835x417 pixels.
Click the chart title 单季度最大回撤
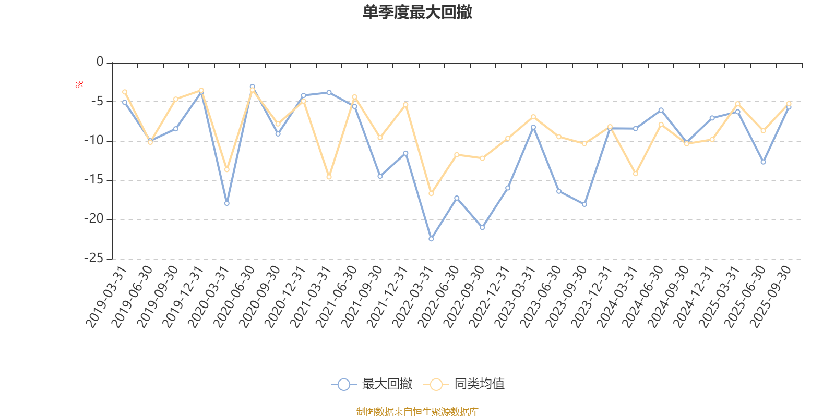click(x=417, y=13)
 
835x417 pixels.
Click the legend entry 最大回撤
click(x=386, y=384)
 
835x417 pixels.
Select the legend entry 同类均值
click(x=479, y=384)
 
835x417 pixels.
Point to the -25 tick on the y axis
click(x=94, y=258)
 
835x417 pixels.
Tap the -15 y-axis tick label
click(x=94, y=180)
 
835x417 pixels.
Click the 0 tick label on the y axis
click(x=100, y=62)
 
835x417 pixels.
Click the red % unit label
click(x=79, y=84)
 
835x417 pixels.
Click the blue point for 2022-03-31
click(x=431, y=239)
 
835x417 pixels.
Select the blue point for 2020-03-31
click(x=226, y=203)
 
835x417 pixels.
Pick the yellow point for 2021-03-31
click(x=329, y=177)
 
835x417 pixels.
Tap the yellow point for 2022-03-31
click(x=431, y=194)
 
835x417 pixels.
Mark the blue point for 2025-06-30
click(x=763, y=162)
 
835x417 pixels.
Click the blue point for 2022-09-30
click(x=482, y=228)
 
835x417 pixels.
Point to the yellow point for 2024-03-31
click(x=635, y=174)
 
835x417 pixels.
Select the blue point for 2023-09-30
click(x=584, y=204)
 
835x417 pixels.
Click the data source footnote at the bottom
click(x=417, y=412)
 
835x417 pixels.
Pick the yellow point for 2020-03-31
click(x=226, y=169)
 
